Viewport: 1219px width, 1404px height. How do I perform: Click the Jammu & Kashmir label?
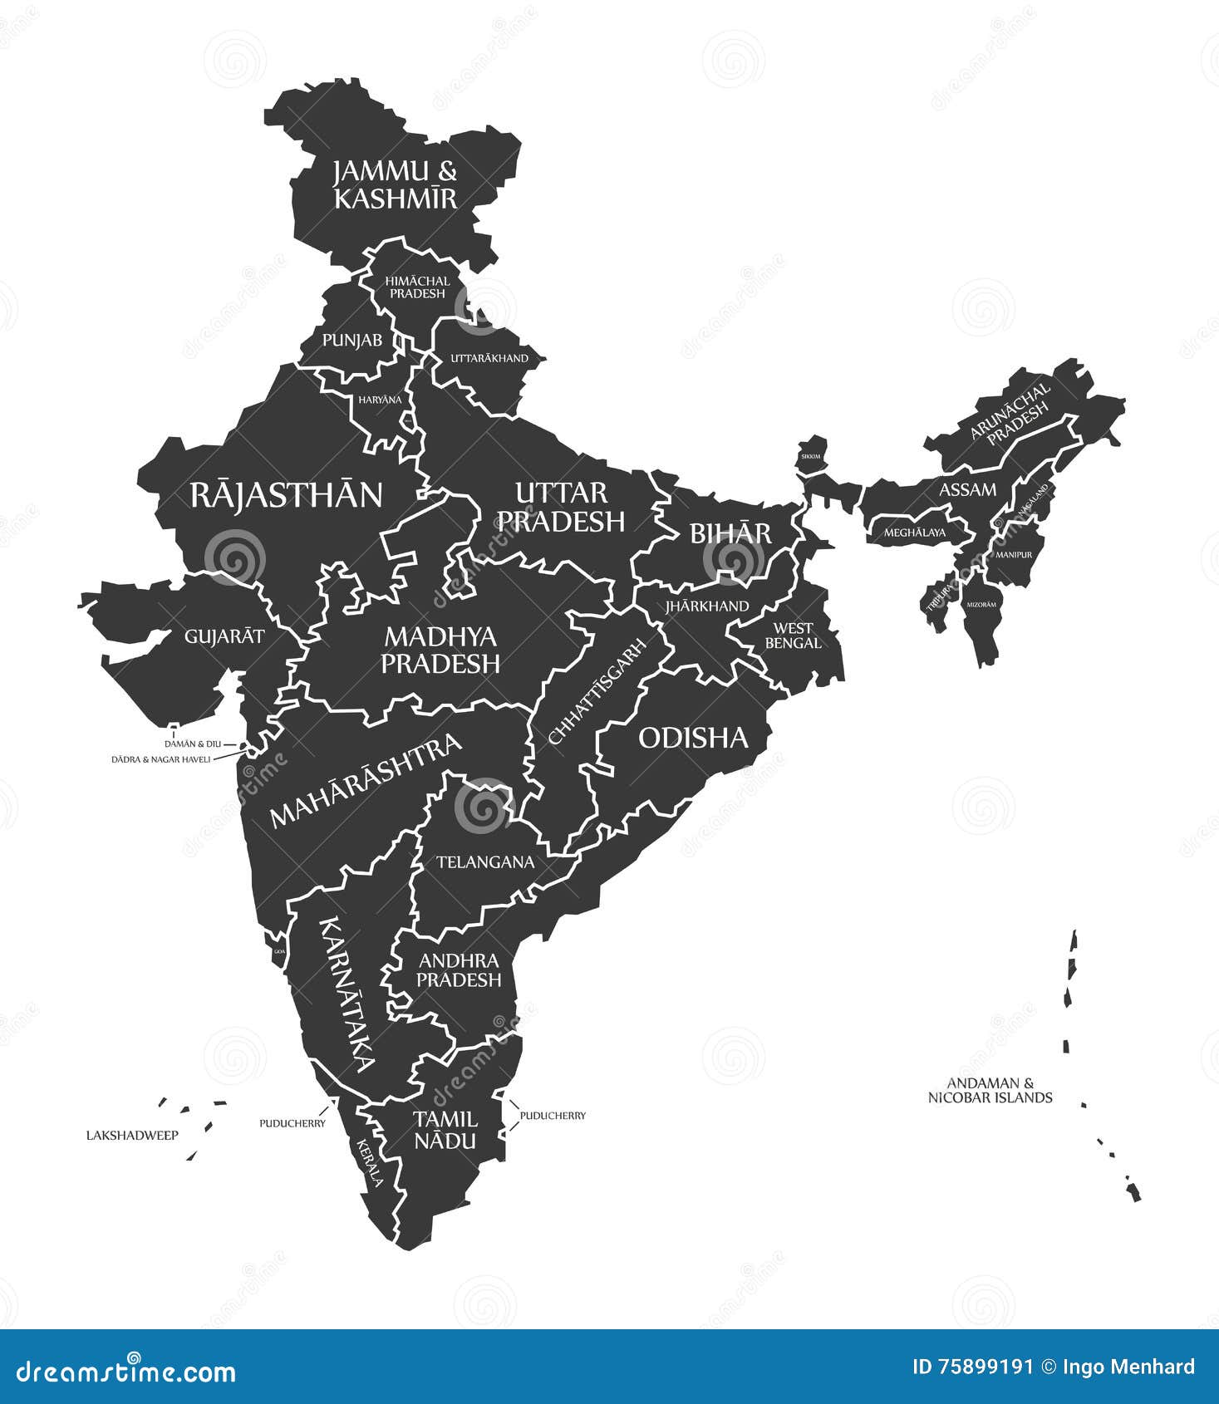[395, 184]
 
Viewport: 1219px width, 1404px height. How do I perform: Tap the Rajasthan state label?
[286, 495]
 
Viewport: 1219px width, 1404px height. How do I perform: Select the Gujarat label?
[224, 636]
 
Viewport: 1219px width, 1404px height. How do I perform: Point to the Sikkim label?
[810, 456]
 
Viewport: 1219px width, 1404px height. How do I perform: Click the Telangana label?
[485, 862]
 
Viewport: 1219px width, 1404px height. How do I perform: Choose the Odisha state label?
[693, 738]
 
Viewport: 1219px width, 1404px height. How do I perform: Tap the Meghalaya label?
[914, 533]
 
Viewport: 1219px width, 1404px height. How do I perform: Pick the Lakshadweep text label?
[132, 1135]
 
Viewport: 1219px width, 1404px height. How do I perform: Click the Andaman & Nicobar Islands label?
[990, 1090]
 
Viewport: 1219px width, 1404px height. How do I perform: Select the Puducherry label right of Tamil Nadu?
[553, 1116]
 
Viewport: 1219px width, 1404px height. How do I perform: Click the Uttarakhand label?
[489, 358]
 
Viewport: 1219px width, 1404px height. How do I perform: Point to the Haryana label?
[380, 400]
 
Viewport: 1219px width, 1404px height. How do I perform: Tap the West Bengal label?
[793, 636]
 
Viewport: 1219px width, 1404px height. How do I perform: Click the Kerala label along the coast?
[370, 1161]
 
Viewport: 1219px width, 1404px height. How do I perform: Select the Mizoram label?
[981, 605]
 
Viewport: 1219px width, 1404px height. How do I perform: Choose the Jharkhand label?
[706, 606]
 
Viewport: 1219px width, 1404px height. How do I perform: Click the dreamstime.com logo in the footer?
[126, 1371]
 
